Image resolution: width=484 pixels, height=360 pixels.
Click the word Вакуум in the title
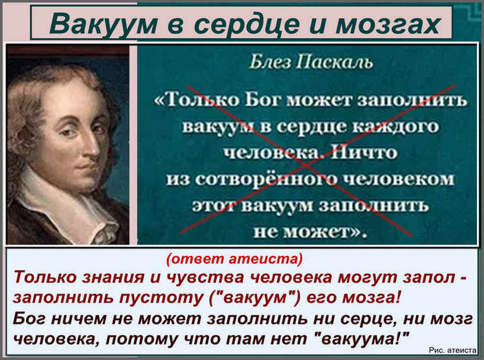pyautogui.click(x=104, y=24)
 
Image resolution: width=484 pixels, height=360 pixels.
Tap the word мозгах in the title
pyautogui.click(x=388, y=24)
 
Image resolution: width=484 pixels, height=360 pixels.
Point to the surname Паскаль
pyautogui.click(x=335, y=62)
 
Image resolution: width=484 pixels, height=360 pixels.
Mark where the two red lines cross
pyautogui.click(x=305, y=164)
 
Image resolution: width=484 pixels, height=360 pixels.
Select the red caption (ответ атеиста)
pyautogui.click(x=234, y=258)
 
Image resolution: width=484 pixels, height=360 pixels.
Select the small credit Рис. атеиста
pyautogui.click(x=453, y=350)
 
